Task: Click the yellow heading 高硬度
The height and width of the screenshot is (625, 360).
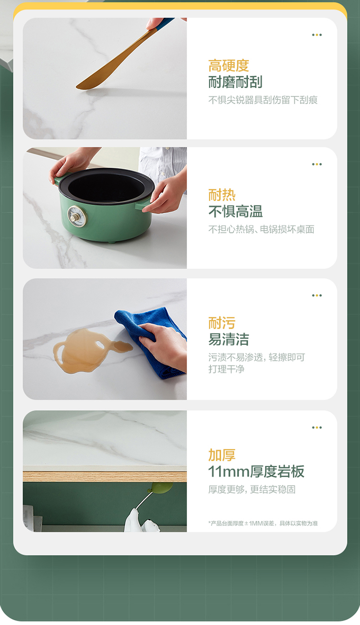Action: click(x=228, y=66)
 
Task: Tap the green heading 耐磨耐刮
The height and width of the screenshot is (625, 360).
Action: click(x=235, y=82)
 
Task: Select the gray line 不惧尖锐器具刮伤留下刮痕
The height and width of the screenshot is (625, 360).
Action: click(x=263, y=100)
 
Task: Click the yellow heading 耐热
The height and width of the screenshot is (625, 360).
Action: click(x=222, y=195)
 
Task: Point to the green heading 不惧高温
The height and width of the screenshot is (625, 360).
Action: click(x=235, y=211)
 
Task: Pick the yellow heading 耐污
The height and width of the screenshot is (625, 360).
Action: click(x=222, y=323)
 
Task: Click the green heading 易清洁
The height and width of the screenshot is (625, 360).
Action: click(x=228, y=339)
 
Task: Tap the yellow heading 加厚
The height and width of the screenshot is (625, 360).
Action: click(x=222, y=455)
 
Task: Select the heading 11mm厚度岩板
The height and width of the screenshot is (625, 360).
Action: click(x=256, y=472)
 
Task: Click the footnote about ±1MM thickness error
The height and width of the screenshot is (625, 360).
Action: click(x=263, y=523)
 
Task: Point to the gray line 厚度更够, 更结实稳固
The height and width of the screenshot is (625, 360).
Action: click(x=252, y=489)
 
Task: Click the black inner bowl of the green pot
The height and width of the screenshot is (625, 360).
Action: click(x=107, y=186)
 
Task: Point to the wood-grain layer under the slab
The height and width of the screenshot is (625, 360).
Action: click(x=105, y=477)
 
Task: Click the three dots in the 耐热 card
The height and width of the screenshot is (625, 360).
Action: click(x=317, y=164)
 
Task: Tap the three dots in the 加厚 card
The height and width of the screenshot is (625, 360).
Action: click(x=317, y=427)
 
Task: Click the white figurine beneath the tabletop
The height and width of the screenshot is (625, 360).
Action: click(x=141, y=521)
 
